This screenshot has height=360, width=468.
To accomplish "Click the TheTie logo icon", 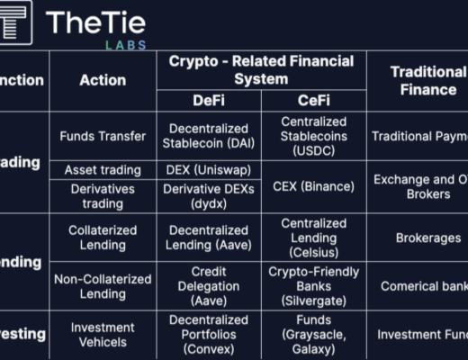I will (15, 22).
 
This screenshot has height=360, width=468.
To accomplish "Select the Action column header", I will (103, 80).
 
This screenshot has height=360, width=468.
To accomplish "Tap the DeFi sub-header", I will (209, 101).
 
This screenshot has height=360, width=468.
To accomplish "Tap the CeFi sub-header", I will (313, 101).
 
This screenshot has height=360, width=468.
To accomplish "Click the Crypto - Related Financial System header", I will (261, 69).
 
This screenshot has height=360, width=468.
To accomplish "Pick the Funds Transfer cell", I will (103, 137).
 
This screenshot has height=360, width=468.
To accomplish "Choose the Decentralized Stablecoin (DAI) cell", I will (209, 137).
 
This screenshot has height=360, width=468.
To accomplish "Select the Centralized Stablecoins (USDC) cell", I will (313, 137).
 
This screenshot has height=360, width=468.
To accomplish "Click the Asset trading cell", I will (103, 170).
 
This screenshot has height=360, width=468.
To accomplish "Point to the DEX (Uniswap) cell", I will (209, 170).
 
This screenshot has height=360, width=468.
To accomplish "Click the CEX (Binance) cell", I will (313, 186).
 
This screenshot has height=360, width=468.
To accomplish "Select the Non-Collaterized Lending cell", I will (103, 286).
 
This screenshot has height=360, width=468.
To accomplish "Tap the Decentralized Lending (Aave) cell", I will (209, 238).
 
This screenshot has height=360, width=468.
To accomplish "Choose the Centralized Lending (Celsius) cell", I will (313, 238).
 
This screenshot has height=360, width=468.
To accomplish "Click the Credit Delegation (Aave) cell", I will (209, 286).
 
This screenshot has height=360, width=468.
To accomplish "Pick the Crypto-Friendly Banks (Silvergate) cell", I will (313, 286).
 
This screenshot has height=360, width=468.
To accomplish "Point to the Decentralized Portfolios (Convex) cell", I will (209, 335).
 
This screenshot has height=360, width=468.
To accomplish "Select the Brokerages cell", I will (417, 238).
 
